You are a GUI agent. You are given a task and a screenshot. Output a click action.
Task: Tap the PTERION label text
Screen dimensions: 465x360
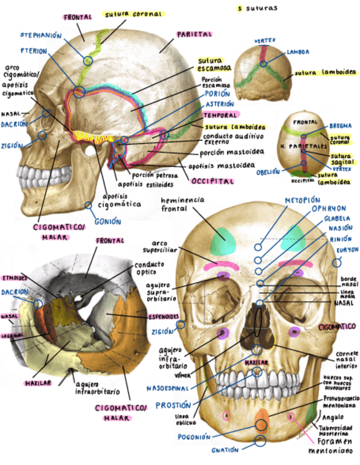[x=34, y=50]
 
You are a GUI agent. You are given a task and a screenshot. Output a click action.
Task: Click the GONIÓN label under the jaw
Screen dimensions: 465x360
[x=108, y=222]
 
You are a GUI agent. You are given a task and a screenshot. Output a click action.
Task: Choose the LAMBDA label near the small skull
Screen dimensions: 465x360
[x=297, y=52]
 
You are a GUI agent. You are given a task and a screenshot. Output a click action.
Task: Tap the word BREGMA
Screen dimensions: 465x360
[x=340, y=125]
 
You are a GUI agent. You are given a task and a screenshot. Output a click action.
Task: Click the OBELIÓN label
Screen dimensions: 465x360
[x=268, y=171]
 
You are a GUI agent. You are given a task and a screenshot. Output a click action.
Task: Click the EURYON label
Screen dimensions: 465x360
[x=347, y=250]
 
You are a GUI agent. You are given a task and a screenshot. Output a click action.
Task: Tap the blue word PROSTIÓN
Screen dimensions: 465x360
[x=173, y=405]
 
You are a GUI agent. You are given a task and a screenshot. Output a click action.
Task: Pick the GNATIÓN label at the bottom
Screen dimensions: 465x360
[x=226, y=450]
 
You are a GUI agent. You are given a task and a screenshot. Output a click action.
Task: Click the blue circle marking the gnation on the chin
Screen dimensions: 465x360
[x=260, y=440]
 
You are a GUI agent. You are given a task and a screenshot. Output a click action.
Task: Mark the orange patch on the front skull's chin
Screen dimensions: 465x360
[x=262, y=419]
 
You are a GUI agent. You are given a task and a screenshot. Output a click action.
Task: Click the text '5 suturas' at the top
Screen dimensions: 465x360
[x=257, y=8]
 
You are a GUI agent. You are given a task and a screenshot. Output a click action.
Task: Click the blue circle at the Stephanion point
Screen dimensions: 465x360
[x=88, y=60]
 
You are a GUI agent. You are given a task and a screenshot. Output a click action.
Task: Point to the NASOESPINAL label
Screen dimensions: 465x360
[x=167, y=388]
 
